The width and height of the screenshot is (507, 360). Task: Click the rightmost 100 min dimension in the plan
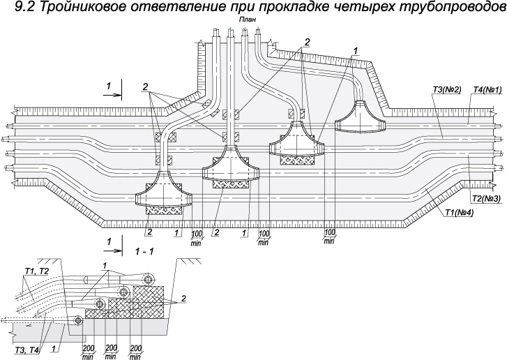pos(329,236)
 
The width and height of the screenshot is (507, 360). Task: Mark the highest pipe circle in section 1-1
pos(149,279)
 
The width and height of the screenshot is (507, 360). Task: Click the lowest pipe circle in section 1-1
pos(78,320)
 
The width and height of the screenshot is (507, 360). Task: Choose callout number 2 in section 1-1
pos(183,298)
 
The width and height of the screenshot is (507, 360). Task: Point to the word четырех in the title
pos(345,8)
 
